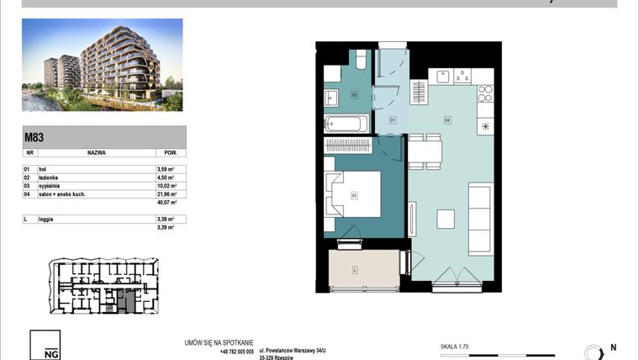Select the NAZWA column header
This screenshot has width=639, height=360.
[x=96, y=154]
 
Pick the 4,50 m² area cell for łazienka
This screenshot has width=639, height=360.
[x=166, y=177]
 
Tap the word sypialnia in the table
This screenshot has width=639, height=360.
[x=52, y=185]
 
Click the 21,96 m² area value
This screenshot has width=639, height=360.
[x=166, y=193]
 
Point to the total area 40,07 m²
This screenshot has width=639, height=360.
[x=166, y=202]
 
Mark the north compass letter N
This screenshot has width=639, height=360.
[x=612, y=347]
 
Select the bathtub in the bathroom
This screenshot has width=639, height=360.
[x=346, y=124]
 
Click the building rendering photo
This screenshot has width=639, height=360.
[x=102, y=66]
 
